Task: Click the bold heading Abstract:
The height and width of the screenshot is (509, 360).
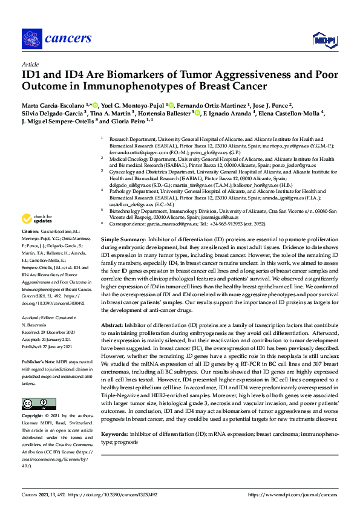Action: [114, 325]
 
